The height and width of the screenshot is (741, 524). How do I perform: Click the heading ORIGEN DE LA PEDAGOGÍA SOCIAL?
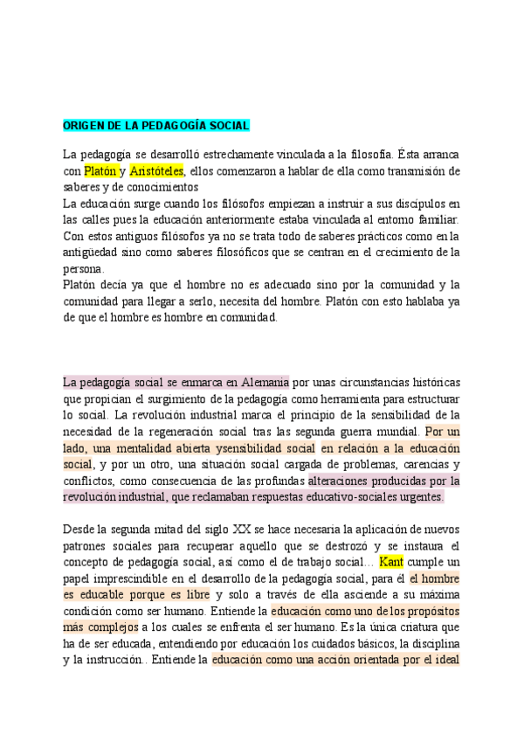[x=156, y=126]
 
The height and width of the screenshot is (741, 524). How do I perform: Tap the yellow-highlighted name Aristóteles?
[x=157, y=170]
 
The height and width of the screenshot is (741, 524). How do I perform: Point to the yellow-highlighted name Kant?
[x=391, y=562]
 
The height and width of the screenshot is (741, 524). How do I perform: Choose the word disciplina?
[x=431, y=644]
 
